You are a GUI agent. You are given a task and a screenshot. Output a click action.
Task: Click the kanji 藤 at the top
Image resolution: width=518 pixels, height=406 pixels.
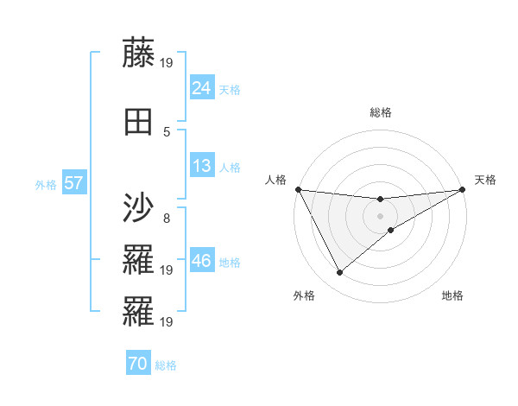(x=139, y=53)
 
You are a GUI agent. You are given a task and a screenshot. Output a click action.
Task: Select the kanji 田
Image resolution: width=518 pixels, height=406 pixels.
(x=139, y=123)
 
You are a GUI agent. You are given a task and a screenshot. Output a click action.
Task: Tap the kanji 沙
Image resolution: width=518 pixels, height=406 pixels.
(x=139, y=208)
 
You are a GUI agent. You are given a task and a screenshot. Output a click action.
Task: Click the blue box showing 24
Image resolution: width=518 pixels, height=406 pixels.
(x=202, y=87)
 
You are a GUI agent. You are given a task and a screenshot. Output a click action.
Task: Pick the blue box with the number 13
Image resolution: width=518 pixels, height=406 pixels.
(x=202, y=166)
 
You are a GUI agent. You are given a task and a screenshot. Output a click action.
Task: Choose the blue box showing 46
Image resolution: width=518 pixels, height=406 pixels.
(x=202, y=261)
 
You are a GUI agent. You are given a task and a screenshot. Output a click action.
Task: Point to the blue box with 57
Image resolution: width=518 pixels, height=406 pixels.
(x=73, y=183)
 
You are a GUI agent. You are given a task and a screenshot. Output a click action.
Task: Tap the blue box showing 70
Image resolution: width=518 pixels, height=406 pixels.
(x=138, y=364)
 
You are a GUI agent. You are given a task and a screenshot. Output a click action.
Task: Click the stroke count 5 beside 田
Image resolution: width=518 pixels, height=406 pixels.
(x=167, y=132)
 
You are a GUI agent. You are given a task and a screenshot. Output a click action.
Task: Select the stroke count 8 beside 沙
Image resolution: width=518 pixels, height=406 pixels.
(x=167, y=218)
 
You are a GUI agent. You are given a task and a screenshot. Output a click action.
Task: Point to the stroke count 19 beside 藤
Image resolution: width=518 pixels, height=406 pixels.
(x=167, y=62)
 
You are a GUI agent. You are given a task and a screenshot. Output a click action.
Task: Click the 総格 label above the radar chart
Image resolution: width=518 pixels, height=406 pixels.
(x=381, y=112)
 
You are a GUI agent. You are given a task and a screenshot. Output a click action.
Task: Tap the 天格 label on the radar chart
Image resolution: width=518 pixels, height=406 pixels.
(x=485, y=180)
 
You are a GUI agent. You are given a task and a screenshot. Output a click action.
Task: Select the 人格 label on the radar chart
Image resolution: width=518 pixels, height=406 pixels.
(x=275, y=180)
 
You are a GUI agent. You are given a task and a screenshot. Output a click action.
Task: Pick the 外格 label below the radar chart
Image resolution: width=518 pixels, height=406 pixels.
(x=304, y=295)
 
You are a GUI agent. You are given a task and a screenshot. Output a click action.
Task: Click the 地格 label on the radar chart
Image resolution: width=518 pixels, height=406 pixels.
(x=452, y=295)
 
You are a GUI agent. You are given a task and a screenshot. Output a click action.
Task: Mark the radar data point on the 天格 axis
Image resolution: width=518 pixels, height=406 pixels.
(x=463, y=189)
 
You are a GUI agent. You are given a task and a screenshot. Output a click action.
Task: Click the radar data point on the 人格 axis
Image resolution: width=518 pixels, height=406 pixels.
(x=298, y=189)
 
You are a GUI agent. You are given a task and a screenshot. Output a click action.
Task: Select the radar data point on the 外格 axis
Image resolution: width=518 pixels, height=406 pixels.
(x=339, y=273)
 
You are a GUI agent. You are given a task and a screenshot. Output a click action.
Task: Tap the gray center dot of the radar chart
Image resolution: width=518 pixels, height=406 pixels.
(x=381, y=215)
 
